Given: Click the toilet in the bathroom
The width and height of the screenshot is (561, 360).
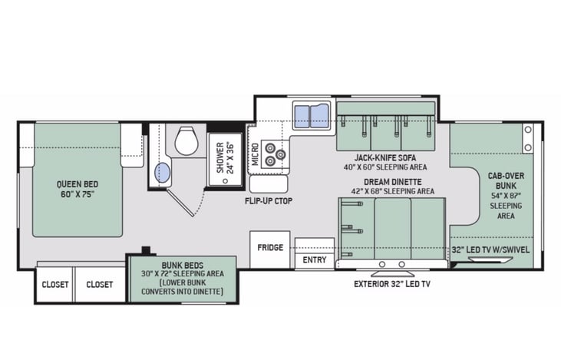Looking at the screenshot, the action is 186,140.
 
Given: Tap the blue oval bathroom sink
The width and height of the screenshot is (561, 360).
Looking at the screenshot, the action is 163,173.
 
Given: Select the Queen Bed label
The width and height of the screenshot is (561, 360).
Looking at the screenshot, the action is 78,190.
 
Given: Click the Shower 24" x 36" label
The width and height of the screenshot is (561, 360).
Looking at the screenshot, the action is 226,158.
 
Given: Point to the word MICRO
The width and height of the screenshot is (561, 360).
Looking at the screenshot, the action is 255,154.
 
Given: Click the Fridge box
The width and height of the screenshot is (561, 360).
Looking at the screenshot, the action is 270,249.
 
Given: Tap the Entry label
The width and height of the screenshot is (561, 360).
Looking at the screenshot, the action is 315,259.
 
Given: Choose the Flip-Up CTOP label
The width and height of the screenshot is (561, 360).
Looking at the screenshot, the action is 269,201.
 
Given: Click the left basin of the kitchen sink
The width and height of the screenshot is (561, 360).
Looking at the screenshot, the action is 302,115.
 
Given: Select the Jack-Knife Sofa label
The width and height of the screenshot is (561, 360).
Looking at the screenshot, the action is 385,157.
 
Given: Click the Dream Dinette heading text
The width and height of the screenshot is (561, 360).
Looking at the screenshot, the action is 392,182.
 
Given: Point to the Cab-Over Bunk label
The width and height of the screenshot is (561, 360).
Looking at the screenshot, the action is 506,180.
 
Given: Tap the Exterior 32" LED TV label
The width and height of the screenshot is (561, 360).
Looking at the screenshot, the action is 392,284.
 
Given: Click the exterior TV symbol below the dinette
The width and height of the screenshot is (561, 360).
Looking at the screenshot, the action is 392,274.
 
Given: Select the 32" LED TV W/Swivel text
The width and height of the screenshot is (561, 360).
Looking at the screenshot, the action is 490,249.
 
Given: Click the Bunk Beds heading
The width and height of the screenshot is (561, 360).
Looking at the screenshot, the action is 183,266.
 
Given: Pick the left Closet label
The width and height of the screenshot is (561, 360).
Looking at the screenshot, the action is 54,285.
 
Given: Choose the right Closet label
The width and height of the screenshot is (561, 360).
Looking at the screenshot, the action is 99,285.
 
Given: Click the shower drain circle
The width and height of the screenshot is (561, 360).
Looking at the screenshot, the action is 225,181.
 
